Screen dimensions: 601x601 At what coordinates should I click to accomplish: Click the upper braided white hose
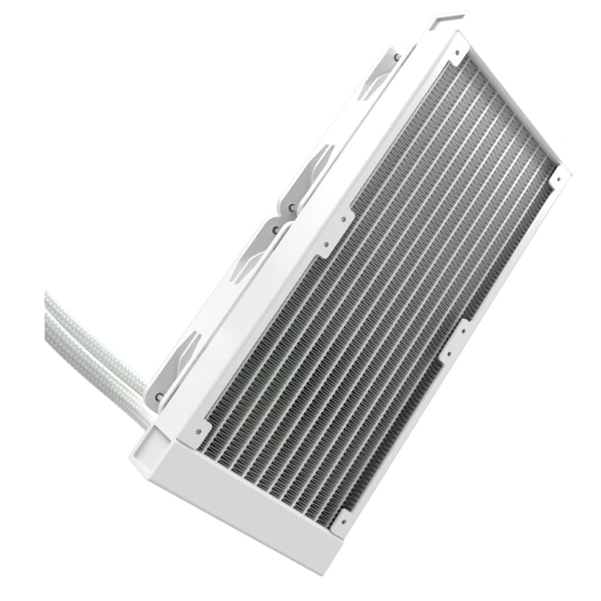(88, 335)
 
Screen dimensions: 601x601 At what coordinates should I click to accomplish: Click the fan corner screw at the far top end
(397, 57)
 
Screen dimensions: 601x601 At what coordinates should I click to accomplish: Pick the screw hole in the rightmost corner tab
(559, 175)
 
